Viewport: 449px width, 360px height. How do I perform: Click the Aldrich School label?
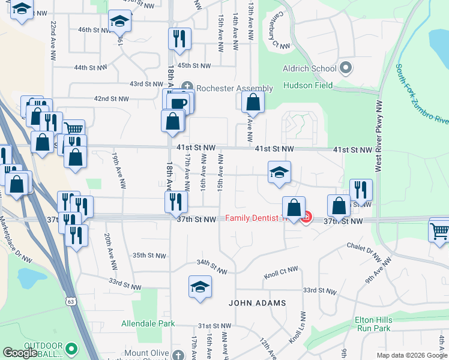tap(309, 68)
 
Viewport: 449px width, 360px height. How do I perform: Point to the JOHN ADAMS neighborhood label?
tap(258, 303)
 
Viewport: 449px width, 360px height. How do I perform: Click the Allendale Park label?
tap(148, 323)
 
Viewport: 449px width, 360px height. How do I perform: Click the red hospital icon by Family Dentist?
tap(306, 217)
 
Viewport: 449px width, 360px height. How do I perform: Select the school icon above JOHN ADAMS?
tap(200, 287)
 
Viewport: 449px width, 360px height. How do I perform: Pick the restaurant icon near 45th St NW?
tap(179, 39)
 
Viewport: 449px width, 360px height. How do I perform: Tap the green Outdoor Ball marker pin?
tap(71, 348)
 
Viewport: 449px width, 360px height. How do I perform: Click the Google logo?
tap(20, 353)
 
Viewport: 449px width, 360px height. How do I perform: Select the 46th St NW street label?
tap(92, 29)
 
